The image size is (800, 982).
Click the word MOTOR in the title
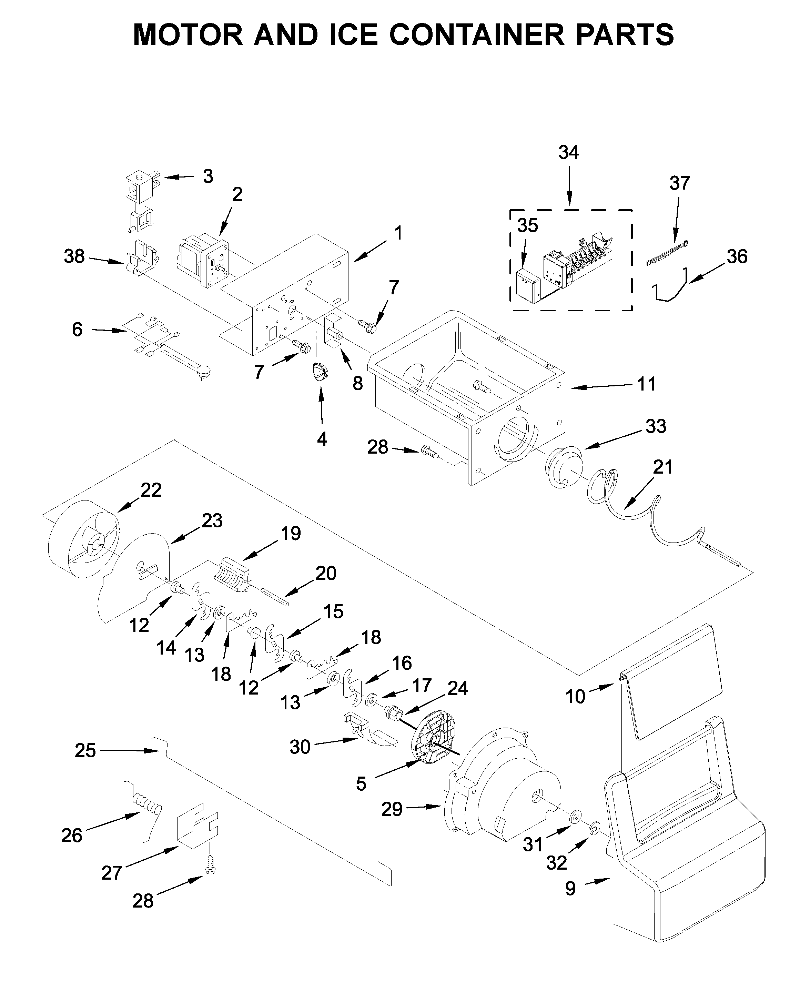point(188,34)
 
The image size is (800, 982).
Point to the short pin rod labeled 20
point(275,596)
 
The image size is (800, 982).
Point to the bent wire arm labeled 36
point(670,288)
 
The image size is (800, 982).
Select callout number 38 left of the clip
point(74,257)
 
